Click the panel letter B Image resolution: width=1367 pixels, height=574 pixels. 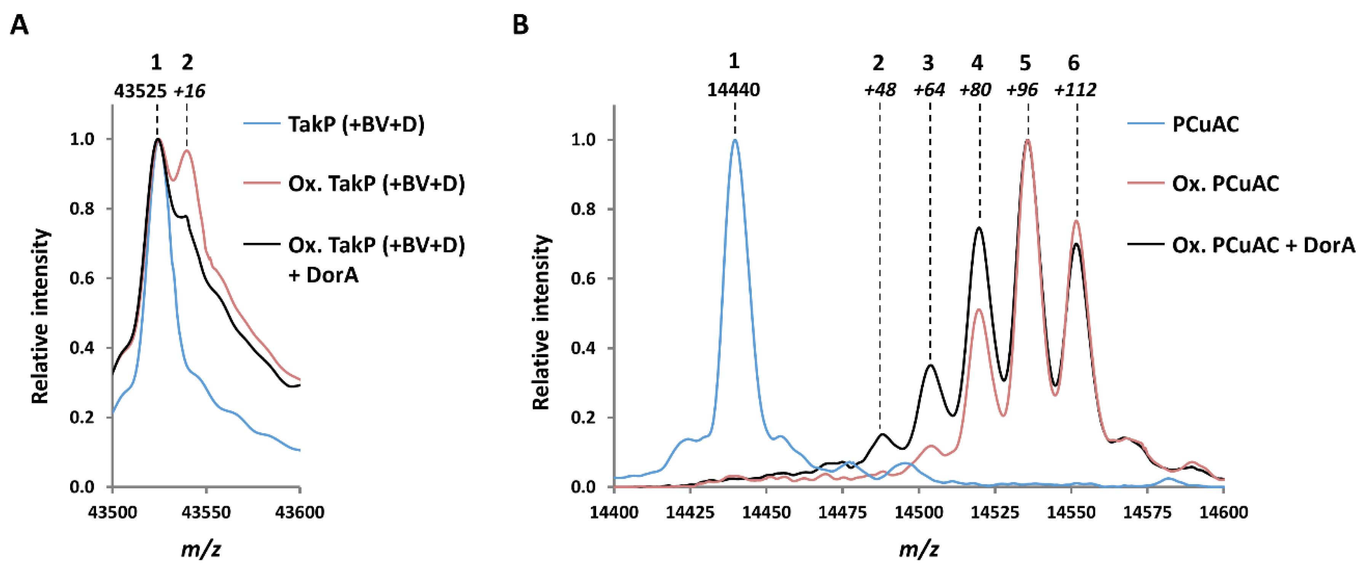(x=521, y=25)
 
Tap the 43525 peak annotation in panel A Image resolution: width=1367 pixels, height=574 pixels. (x=141, y=91)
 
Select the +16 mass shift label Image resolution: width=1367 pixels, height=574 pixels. (x=189, y=91)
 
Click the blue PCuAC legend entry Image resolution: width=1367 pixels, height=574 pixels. (x=1205, y=125)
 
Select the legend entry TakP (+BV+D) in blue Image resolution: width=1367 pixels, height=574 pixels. (x=356, y=125)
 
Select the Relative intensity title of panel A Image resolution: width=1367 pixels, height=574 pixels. (x=41, y=317)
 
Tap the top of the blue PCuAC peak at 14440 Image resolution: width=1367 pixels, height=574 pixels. (x=735, y=140)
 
